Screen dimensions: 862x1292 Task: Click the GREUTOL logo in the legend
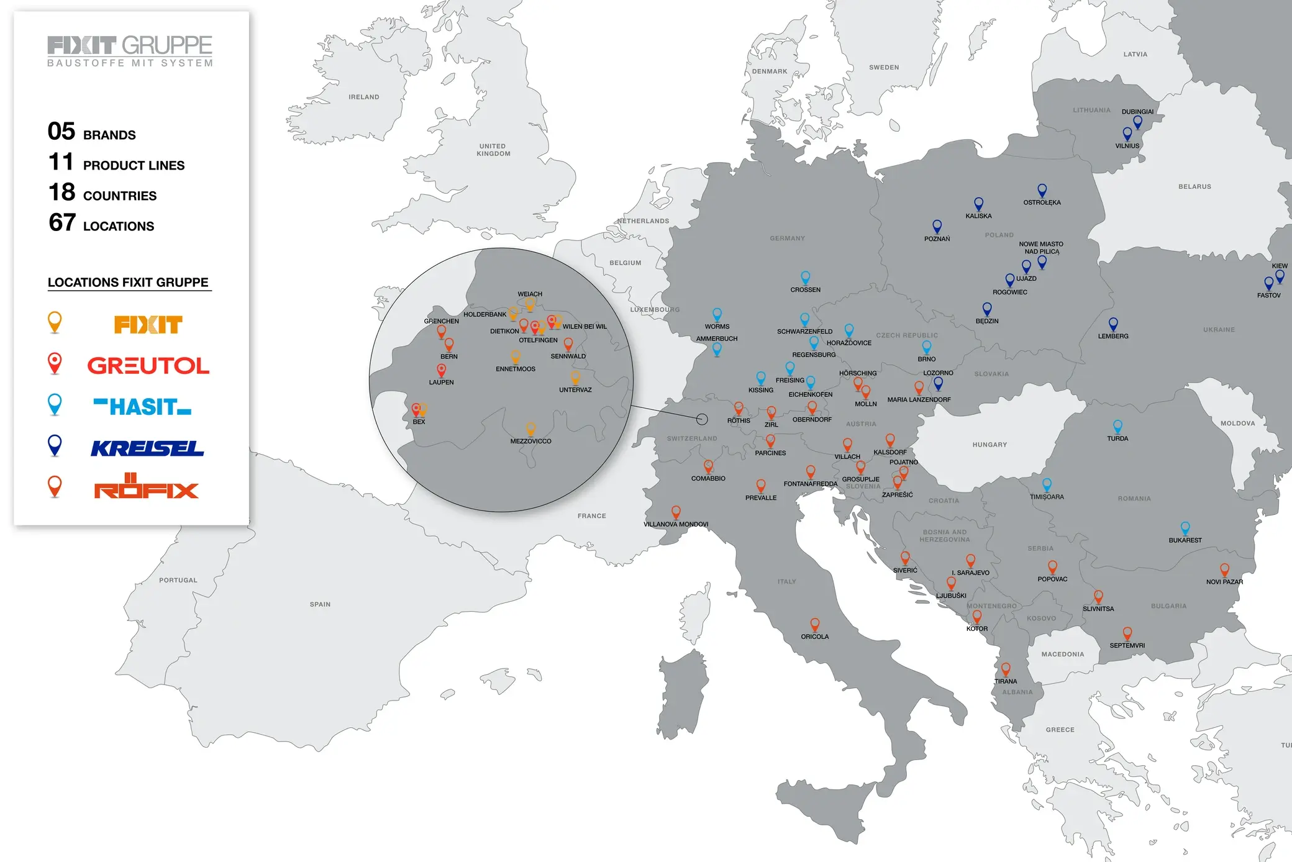click(x=148, y=365)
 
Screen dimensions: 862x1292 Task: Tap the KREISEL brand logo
click(x=147, y=448)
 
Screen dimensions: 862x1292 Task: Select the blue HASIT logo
click(x=142, y=407)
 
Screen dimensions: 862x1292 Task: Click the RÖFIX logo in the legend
click(x=147, y=488)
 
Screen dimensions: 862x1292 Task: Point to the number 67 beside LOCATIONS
click(x=62, y=222)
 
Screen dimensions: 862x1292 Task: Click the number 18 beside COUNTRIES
click(x=62, y=193)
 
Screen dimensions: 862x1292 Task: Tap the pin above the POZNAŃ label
click(x=937, y=226)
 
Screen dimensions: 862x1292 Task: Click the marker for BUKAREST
click(x=1185, y=528)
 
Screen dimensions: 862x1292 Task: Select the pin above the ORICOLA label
click(x=814, y=624)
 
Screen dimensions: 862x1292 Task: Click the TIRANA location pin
click(x=1006, y=668)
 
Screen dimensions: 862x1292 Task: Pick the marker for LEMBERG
click(x=1113, y=324)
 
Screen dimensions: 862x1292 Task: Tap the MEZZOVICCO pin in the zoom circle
click(x=530, y=429)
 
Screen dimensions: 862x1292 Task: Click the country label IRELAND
click(x=364, y=97)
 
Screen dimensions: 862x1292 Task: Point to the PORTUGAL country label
click(x=178, y=580)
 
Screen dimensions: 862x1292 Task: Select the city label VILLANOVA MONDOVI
click(x=676, y=524)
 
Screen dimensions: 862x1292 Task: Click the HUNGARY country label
click(x=989, y=445)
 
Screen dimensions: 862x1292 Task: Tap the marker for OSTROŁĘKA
click(x=1042, y=190)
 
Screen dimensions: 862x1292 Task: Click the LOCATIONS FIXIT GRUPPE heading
click(x=128, y=283)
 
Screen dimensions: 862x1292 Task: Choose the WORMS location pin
click(x=717, y=314)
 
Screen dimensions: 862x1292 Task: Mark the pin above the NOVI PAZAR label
click(x=1224, y=569)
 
